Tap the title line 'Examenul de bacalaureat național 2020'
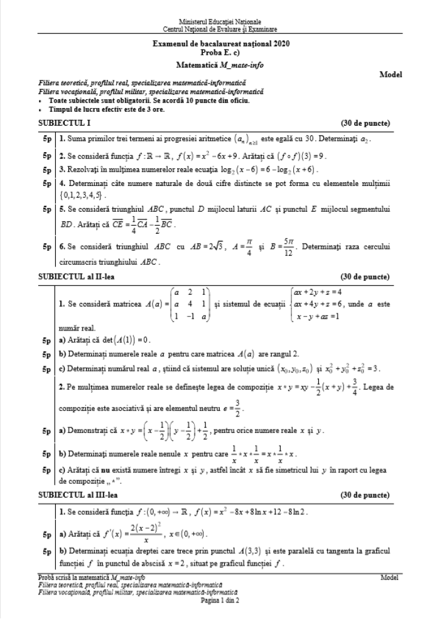[220, 43]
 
